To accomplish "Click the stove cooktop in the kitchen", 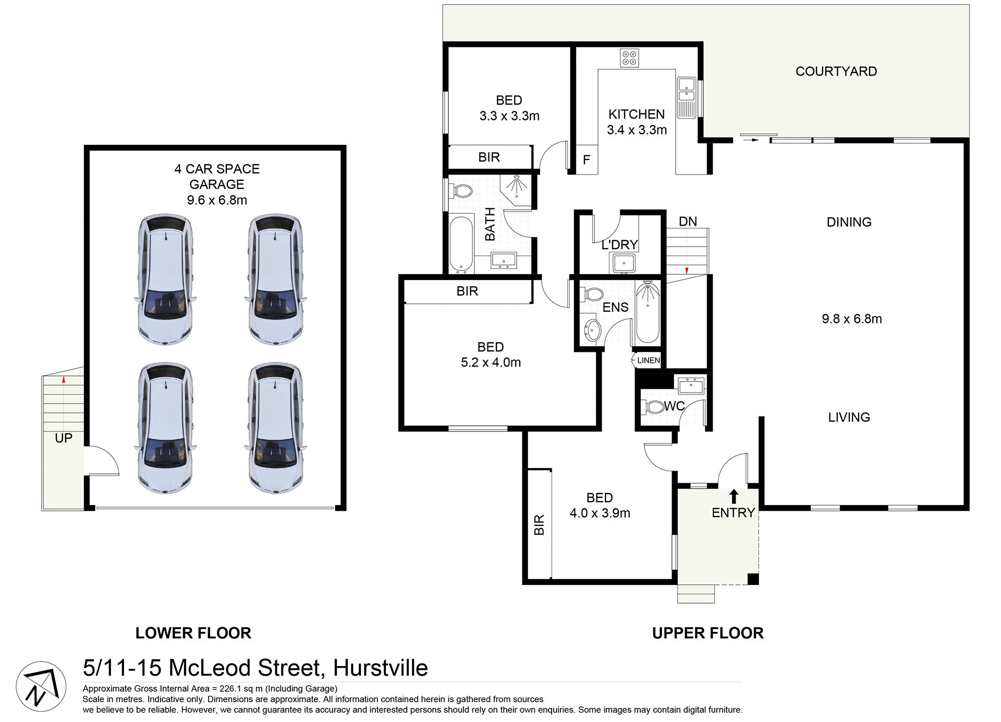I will tap(629, 58).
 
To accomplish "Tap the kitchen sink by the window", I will tap(686, 97).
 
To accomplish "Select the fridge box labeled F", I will tap(587, 160).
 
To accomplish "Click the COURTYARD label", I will tap(836, 71).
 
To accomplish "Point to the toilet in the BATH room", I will tap(460, 191).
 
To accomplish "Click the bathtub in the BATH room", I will tap(461, 244).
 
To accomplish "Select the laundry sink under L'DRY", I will tap(624, 263).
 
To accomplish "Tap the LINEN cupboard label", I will tap(648, 360).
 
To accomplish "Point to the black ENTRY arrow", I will tap(734, 496).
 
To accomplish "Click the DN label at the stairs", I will tap(688, 222).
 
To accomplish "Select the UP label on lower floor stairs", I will tap(64, 438).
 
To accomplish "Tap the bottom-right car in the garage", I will tap(275, 429).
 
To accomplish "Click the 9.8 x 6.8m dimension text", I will tap(851, 319).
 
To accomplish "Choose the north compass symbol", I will tap(41, 686).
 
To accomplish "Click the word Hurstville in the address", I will tap(380, 668).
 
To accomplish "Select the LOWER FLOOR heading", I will tap(193, 633).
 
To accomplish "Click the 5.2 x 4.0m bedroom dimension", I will tap(491, 362).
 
